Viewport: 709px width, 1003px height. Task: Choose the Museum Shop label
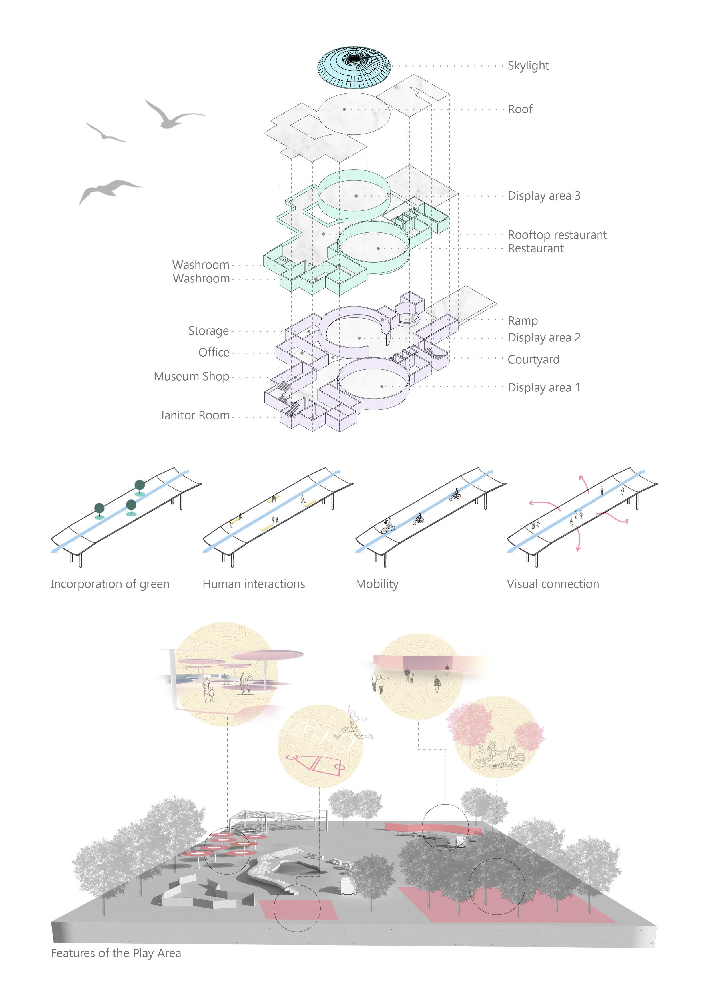191,376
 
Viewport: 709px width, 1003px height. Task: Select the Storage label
208,331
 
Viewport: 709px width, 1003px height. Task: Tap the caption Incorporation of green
110,584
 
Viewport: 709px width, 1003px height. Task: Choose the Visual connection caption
553,584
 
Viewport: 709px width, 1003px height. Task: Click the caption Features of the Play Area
116,953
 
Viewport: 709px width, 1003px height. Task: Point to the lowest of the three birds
109,190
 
